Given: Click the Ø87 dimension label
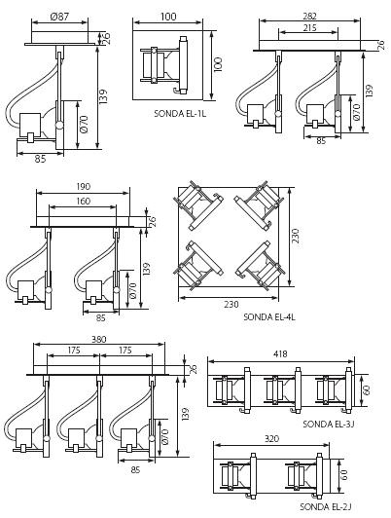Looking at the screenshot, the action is (59, 17).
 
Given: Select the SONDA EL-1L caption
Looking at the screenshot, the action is (180, 114).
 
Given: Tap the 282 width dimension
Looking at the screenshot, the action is (309, 16).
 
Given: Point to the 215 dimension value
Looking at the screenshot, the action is (309, 27).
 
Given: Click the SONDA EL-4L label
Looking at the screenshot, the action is (269, 316).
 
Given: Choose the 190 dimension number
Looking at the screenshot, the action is (83, 187).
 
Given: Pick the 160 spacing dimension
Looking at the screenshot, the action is (83, 202).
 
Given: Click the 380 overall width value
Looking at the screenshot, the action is (98, 339).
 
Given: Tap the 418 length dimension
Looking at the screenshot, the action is (280, 353).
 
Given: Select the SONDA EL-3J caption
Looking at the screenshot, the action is (329, 424).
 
